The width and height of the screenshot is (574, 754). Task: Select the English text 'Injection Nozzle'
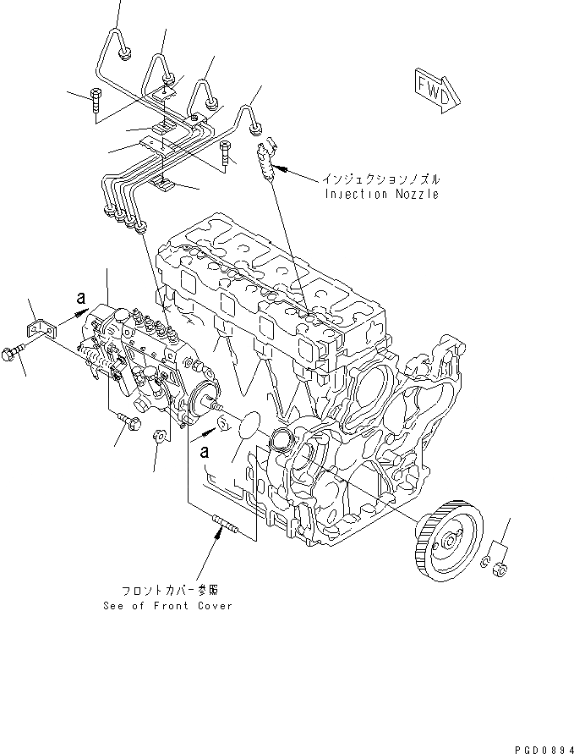point(381,194)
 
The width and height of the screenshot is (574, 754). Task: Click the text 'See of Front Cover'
point(167,606)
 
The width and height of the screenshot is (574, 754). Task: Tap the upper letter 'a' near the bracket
point(82,298)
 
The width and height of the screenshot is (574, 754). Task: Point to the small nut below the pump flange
point(157,436)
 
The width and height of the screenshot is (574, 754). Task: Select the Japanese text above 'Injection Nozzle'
point(381,179)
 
